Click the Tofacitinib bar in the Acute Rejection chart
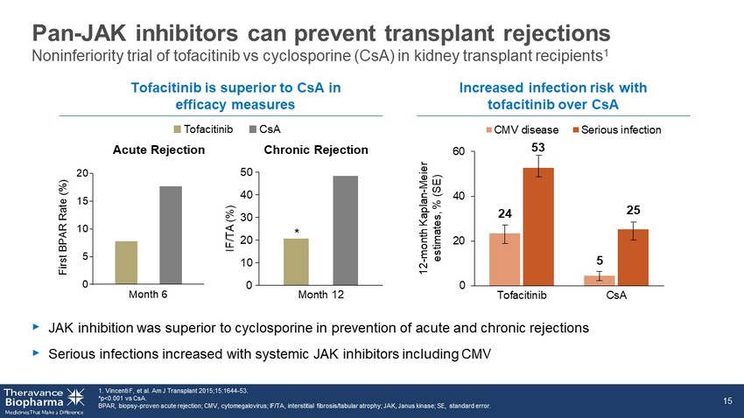tap(126, 262)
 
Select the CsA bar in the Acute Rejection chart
tap(171, 235)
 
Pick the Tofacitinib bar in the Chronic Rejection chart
tap(296, 261)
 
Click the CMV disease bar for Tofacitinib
tap(505, 259)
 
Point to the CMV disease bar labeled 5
tap(599, 280)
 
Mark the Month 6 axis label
tap(149, 295)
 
